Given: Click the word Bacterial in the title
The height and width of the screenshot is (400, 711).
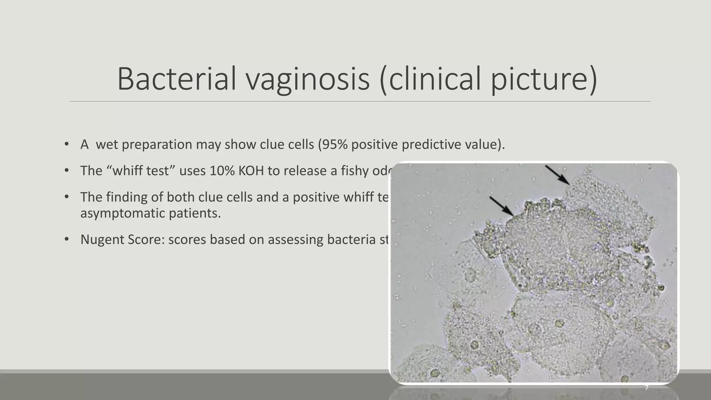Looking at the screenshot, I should (x=177, y=79).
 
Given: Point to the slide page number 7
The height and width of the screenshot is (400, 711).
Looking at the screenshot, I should (x=646, y=387).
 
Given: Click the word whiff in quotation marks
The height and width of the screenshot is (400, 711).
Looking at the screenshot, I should (x=127, y=171).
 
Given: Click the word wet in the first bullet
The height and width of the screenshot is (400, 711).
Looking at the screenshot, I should (x=107, y=144).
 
